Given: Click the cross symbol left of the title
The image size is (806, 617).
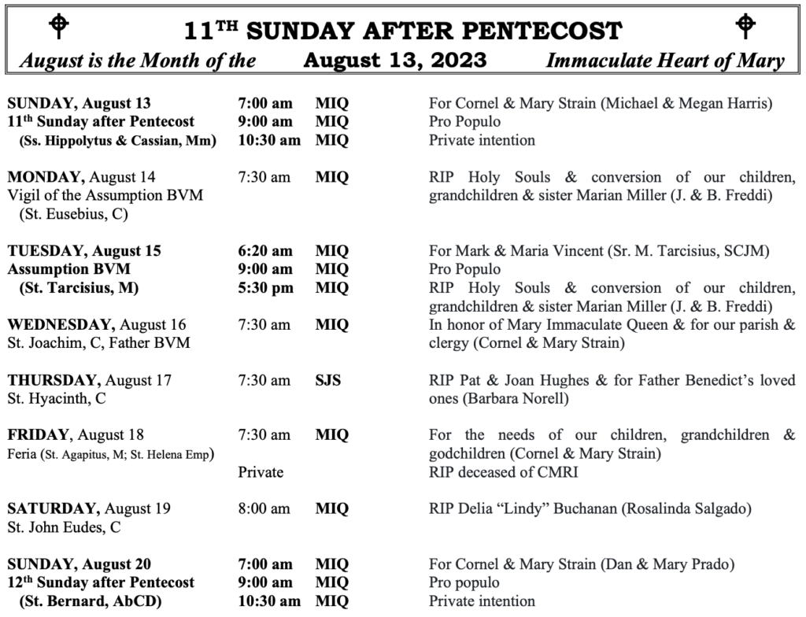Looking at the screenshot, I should click(58, 27).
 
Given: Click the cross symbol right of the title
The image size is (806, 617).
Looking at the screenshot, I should click(745, 27).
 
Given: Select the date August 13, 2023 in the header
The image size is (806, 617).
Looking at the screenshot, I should click(394, 61).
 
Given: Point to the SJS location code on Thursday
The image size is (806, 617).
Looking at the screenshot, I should click(328, 380).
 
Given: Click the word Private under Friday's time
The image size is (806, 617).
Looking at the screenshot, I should click(261, 472).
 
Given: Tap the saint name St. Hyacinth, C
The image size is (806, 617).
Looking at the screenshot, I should click(57, 398).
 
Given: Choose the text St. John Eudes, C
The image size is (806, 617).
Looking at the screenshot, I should click(64, 527).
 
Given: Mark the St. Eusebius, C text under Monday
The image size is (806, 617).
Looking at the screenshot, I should click(75, 213).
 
